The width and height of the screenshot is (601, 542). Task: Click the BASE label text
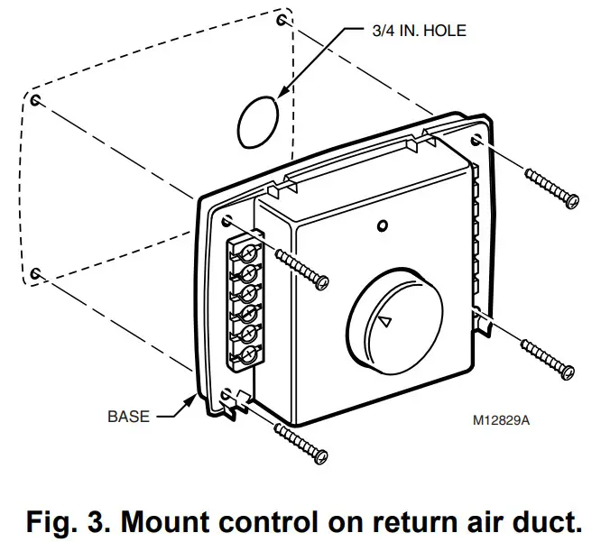pyautogui.click(x=128, y=417)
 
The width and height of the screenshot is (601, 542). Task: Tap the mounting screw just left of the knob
pyautogui.click(x=300, y=268)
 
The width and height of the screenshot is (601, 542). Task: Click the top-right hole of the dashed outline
pyautogui.click(x=283, y=19)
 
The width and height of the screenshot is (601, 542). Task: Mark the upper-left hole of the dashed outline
pyautogui.click(x=35, y=98)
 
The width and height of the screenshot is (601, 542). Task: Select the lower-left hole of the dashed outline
pyautogui.click(x=34, y=271)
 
